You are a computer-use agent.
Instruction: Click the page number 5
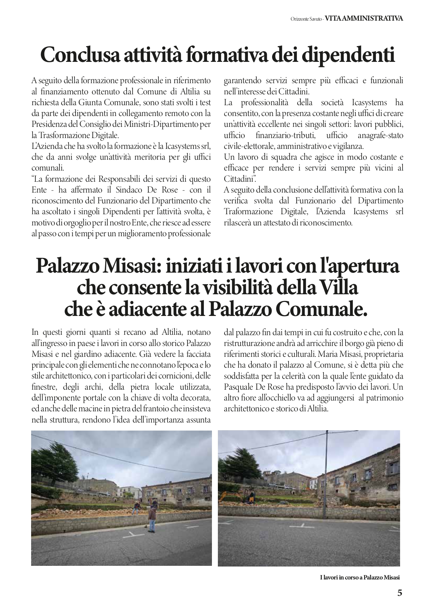pos(400,593)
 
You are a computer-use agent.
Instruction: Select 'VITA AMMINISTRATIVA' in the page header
pos(364,19)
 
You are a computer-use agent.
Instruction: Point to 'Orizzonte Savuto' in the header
pos(306,19)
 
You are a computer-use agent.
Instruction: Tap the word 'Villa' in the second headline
pos(338,288)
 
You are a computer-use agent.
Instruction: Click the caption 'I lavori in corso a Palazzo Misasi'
pos(360,578)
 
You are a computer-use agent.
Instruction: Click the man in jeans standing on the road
pos(152,520)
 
